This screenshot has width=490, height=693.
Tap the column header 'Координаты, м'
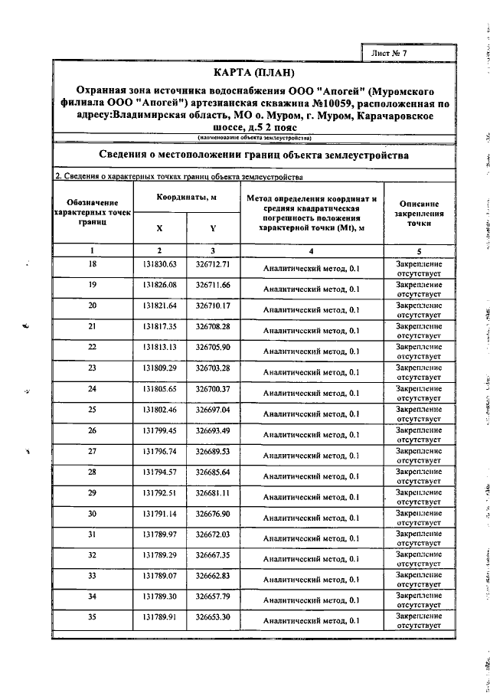(x=185, y=198)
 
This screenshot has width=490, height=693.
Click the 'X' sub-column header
(x=159, y=228)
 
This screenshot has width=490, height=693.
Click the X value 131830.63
(x=159, y=264)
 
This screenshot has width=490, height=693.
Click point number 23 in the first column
(x=93, y=368)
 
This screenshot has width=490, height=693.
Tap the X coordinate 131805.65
(x=159, y=388)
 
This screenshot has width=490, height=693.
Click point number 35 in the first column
(x=93, y=616)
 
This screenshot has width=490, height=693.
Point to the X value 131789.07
(x=159, y=574)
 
